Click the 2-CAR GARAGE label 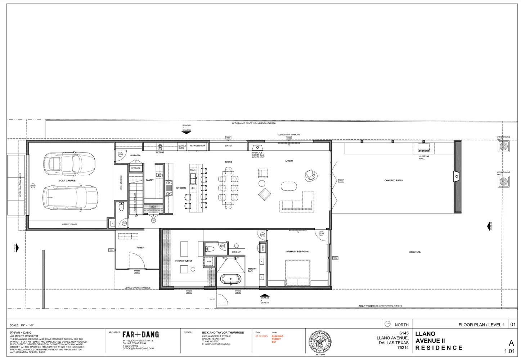click(67, 181)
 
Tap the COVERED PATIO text click(394, 180)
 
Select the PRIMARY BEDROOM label click(297, 252)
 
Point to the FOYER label click(140, 248)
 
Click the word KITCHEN click(181, 188)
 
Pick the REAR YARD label click(415, 252)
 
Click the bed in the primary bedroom click(298, 273)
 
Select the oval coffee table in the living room click(289, 186)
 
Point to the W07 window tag click(341, 181)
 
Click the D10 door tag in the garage click(33, 186)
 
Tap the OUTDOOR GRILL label click(424, 157)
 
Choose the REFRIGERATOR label click(197, 146)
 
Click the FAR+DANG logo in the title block click(140, 335)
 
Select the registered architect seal click(320, 342)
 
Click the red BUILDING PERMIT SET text click(277, 339)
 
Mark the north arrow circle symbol click(387, 324)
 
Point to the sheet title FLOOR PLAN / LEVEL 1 click(481, 325)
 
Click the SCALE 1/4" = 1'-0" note click(22, 325)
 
